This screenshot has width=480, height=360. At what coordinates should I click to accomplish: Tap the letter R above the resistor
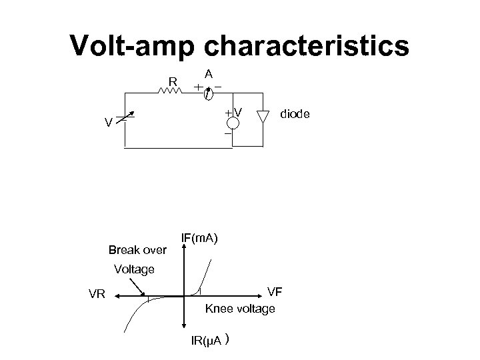[x=172, y=82]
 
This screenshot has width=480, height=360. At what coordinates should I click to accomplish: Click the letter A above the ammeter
[x=209, y=75]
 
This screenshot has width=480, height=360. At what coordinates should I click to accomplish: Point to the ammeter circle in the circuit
[x=209, y=95]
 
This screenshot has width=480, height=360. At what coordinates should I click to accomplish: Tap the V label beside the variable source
[x=107, y=123]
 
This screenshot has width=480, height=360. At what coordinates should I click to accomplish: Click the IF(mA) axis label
[x=205, y=238]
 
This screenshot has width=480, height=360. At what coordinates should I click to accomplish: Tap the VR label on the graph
[x=97, y=293]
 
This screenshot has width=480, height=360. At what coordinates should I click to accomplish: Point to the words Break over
[x=137, y=251]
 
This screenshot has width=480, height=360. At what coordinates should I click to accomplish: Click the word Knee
[x=221, y=309]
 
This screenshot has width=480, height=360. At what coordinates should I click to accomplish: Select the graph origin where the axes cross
[x=183, y=296]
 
